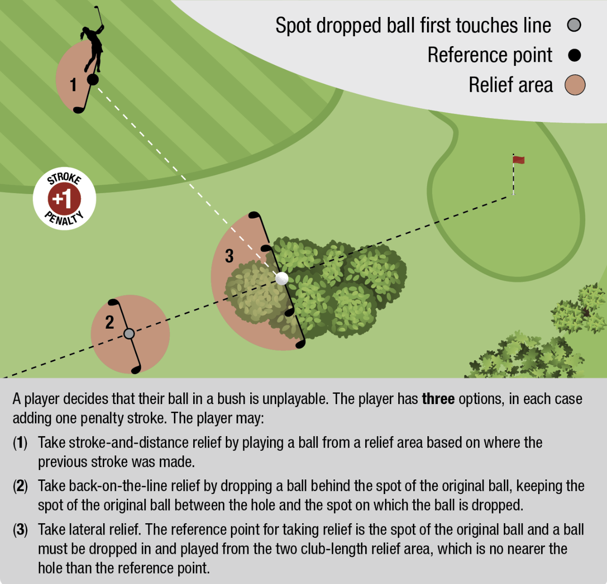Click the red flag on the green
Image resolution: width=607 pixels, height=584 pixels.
click(x=518, y=160)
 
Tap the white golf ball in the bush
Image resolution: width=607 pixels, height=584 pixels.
click(x=282, y=278)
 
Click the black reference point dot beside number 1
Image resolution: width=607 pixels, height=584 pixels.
click(x=93, y=80)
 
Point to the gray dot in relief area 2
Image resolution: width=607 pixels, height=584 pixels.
click(x=129, y=333)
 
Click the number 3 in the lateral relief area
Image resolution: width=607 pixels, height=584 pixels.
click(x=229, y=256)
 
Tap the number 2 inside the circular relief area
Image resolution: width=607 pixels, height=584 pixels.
click(x=109, y=322)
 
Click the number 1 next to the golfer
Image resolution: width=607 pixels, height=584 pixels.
click(x=74, y=84)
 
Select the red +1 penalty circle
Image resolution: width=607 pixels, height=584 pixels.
click(x=64, y=199)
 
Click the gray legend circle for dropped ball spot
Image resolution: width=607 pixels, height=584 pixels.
click(x=574, y=25)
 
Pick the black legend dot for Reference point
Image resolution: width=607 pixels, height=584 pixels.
click(x=574, y=55)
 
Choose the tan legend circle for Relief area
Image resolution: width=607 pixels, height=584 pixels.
click(x=575, y=85)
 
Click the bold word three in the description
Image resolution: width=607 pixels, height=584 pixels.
click(x=438, y=399)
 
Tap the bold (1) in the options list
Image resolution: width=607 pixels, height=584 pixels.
click(x=20, y=443)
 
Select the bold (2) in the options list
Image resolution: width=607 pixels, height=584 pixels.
click(x=20, y=486)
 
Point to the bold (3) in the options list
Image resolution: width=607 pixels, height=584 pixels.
click(x=20, y=530)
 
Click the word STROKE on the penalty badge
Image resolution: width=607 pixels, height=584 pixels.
click(x=64, y=178)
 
